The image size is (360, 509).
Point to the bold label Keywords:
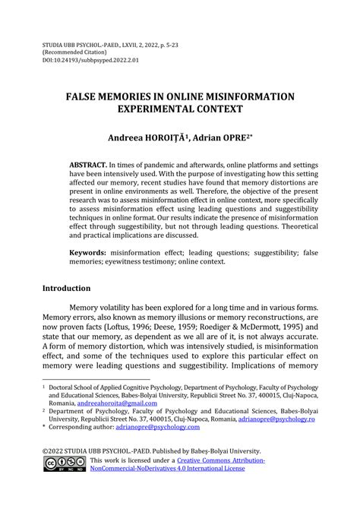pos(90,251)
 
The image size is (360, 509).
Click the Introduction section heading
pos(67,289)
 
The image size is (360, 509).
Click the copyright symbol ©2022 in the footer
pos(57,451)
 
